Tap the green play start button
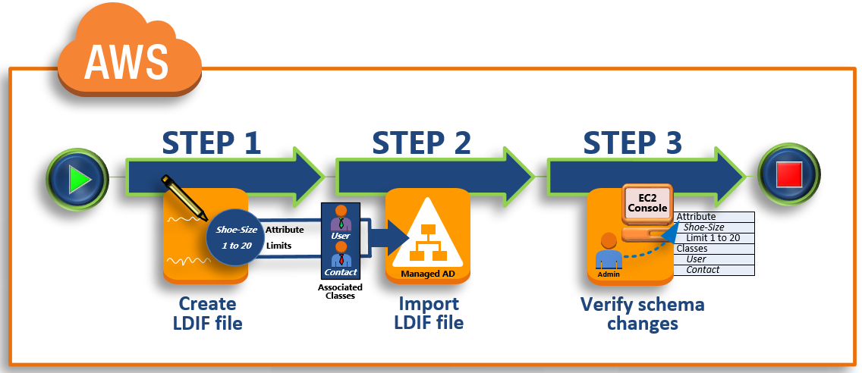[x=78, y=179]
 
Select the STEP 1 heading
[x=212, y=142]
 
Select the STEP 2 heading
[x=422, y=142]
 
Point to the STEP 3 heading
[x=632, y=142]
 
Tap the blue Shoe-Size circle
[x=236, y=237]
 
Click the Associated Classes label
[x=340, y=291]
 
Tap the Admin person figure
[x=608, y=253]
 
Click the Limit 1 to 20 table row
[x=713, y=238]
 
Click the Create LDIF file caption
[x=207, y=314]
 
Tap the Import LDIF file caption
[x=429, y=313]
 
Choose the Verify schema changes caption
[x=642, y=314]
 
